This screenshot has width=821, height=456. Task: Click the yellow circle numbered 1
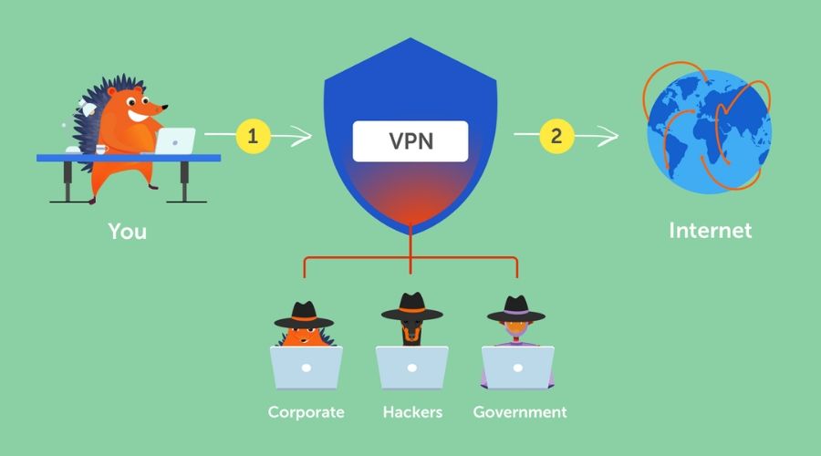253,136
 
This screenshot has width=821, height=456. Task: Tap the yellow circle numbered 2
556,136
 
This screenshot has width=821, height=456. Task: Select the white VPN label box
410,141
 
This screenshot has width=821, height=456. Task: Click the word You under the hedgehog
127,232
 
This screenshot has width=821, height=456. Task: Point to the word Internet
711,231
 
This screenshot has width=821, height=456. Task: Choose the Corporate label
307,412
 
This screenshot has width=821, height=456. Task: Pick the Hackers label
412,412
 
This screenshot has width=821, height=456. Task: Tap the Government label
520,412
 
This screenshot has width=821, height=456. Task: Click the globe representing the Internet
709,131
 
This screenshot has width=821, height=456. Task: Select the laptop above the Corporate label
307,368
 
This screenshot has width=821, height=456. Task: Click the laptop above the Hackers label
412,368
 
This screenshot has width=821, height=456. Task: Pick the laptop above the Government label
518,368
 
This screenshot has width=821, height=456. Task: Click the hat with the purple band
516,309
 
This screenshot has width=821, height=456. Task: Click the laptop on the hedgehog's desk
175,140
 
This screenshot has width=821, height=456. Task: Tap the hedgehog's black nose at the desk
165,108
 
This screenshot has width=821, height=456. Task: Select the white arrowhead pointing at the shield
302,136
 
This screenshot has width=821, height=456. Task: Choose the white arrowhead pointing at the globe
608,136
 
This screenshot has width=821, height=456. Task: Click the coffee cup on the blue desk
101,150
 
